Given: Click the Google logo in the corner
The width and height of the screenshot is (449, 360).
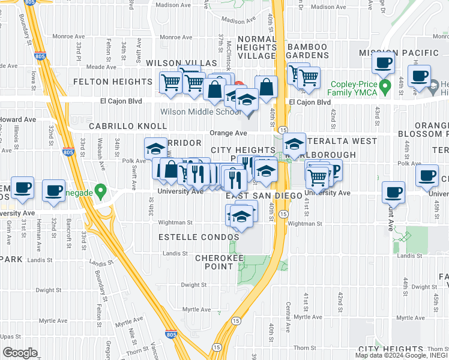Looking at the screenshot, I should pos(20,353).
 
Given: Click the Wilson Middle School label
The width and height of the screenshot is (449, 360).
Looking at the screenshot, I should pos(200,112).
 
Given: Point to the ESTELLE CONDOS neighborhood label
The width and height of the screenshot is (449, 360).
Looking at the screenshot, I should pos(198,238).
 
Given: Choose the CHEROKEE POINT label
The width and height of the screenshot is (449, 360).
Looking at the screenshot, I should pos(219,263).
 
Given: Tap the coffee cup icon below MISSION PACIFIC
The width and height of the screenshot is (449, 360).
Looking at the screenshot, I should pos(383,62).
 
